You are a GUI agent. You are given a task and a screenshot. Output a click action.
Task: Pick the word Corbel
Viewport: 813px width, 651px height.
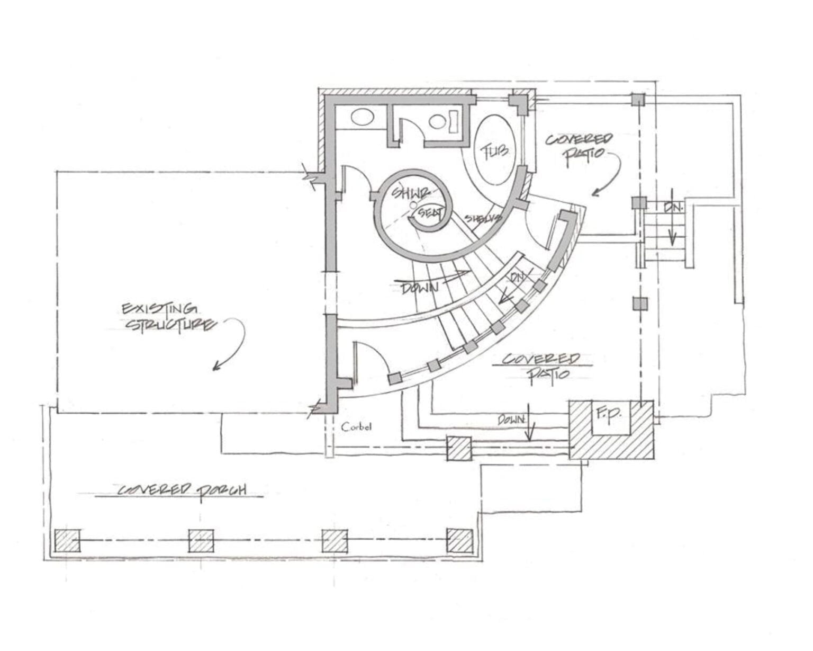[356, 426]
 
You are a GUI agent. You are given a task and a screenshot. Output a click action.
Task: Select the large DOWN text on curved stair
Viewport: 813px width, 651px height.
[420, 288]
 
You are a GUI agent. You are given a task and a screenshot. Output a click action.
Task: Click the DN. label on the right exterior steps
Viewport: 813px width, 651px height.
[674, 207]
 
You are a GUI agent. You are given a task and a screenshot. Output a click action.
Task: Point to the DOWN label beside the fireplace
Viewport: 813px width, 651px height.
[511, 420]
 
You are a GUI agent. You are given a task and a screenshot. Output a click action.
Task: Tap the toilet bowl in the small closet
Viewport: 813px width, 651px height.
[438, 122]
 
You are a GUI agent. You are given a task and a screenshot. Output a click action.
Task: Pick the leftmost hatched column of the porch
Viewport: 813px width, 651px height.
[67, 541]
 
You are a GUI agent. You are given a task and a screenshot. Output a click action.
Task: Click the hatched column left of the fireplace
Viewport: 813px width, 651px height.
[458, 449]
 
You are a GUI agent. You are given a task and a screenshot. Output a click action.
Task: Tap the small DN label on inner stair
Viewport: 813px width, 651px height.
[517, 278]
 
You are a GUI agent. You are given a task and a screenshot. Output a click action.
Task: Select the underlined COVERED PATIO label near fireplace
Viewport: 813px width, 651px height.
[541, 366]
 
